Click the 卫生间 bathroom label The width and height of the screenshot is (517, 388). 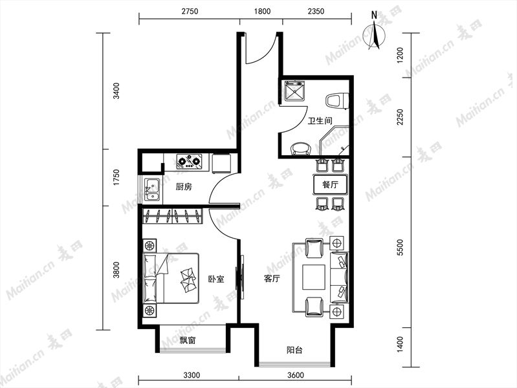320,121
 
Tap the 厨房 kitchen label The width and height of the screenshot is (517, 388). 184,188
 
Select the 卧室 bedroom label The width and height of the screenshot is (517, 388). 216,279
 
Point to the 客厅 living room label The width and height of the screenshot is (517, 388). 272,279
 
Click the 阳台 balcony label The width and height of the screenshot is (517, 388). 294,350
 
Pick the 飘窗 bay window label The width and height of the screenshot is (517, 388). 187,340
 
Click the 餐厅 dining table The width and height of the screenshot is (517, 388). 330,184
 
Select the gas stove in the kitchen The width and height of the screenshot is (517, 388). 189,161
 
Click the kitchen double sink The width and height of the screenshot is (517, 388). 152,190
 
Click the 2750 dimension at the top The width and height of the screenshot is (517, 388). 190,12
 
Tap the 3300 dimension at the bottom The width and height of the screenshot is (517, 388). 192,375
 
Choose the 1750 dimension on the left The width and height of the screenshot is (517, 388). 116,178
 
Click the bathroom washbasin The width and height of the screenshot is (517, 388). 300,149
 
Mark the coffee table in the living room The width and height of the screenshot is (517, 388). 314,277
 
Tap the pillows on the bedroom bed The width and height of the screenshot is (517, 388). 188,279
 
